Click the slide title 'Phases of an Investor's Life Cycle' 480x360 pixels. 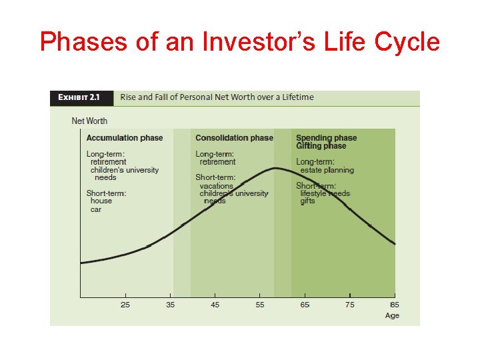point(240,41)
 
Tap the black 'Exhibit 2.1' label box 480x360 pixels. point(81,97)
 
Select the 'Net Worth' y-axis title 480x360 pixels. point(89,121)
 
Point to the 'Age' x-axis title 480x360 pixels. point(392,315)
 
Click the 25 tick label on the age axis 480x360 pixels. point(125,305)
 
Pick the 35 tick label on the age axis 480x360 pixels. point(171,305)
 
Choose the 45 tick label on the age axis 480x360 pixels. point(215,305)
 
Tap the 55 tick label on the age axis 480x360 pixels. point(260,305)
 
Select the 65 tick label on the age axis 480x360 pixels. point(305,305)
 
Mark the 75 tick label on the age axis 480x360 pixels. point(350,305)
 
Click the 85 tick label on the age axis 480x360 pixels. point(394,305)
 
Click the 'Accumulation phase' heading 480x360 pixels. point(125,138)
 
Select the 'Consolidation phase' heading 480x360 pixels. point(234,138)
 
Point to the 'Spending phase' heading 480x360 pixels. point(326,138)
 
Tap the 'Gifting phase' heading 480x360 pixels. point(321,146)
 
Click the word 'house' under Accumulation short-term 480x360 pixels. point(101,201)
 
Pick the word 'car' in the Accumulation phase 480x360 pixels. point(96,209)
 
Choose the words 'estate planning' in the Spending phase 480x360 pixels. point(327,170)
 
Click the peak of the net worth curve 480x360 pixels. point(275,168)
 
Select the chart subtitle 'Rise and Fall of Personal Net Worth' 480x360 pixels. point(217,97)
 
